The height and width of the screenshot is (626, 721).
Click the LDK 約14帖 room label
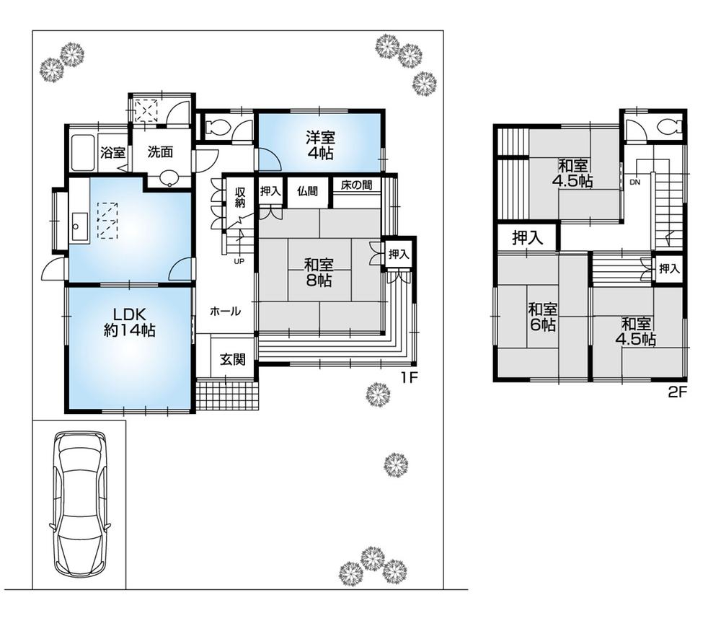[x=129, y=322]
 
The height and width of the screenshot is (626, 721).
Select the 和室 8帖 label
[x=317, y=271]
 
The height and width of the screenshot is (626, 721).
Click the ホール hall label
[x=225, y=311]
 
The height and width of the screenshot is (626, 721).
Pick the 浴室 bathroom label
[x=112, y=153]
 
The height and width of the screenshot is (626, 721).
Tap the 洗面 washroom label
[x=160, y=152]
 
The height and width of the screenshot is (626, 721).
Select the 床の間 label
[x=357, y=185]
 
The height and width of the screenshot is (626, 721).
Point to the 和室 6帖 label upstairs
[x=542, y=317]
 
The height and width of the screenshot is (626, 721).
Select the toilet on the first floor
[x=217, y=128]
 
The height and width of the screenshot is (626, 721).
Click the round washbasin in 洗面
[x=169, y=177]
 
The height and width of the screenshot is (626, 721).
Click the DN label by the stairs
[x=634, y=182]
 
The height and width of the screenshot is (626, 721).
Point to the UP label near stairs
[x=239, y=261]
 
